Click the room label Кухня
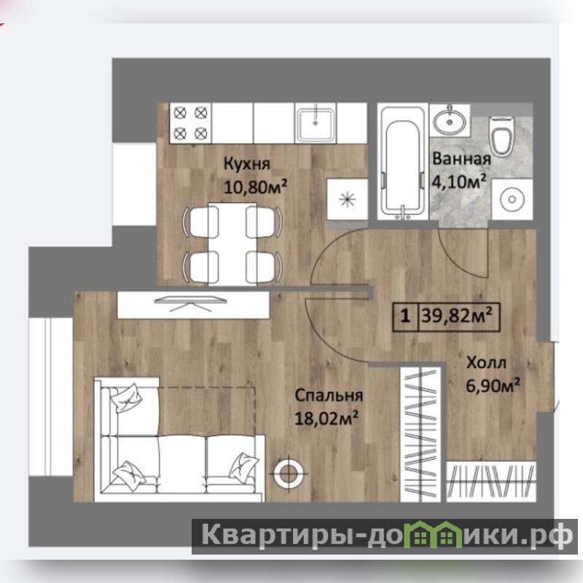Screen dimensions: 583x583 click(x=247, y=164)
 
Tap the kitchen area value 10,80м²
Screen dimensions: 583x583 click(x=255, y=187)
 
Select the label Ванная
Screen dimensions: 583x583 click(x=461, y=159)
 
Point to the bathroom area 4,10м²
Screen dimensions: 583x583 click(x=459, y=181)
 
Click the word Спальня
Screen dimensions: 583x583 click(x=329, y=396)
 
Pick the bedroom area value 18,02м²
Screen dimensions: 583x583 click(x=326, y=418)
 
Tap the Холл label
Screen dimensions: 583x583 click(x=486, y=362)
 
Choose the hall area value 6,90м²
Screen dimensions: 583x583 click(x=493, y=386)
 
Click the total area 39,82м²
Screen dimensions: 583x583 click(x=457, y=316)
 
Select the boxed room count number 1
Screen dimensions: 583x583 click(x=405, y=317)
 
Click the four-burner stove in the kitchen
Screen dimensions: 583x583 click(x=190, y=123)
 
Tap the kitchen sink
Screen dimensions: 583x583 click(x=316, y=123)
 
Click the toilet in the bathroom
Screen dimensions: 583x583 click(x=502, y=136)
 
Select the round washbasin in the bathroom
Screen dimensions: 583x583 click(x=449, y=121)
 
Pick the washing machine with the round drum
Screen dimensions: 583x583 click(x=512, y=199)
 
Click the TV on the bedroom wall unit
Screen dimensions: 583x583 click(x=190, y=302)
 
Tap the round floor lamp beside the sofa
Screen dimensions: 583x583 click(x=289, y=473)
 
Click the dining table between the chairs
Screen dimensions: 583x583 click(x=232, y=244)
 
